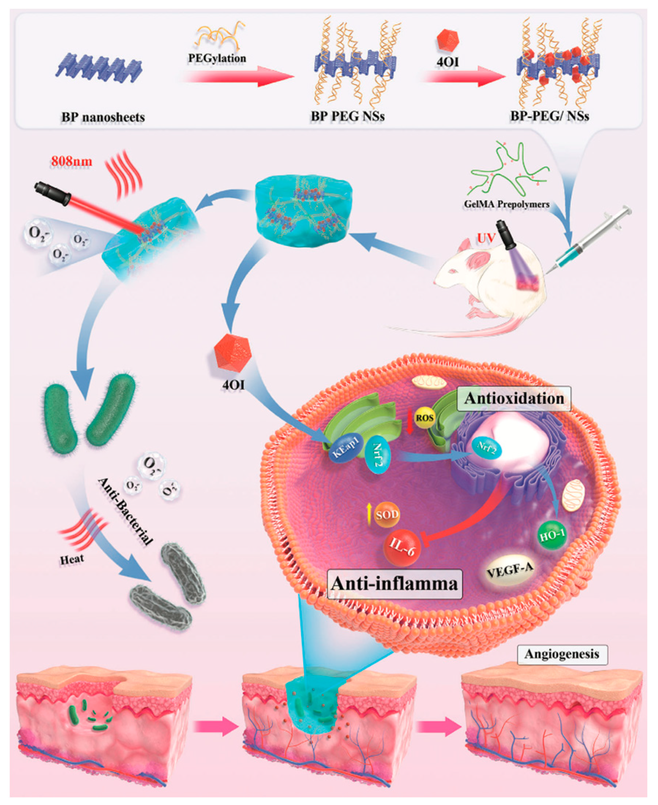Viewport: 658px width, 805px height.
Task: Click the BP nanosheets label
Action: coord(103,117)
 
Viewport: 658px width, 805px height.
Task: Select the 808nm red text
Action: coord(71,161)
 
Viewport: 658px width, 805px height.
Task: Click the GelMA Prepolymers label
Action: coord(506,204)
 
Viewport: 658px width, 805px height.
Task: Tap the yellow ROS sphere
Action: coord(424,418)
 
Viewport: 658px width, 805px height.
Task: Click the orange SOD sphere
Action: coord(386,515)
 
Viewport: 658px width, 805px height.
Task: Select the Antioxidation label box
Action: coord(514,399)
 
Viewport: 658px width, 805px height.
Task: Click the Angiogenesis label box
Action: coord(562,654)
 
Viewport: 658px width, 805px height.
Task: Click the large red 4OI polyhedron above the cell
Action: coord(233,352)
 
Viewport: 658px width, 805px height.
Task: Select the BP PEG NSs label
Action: coord(348,116)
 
